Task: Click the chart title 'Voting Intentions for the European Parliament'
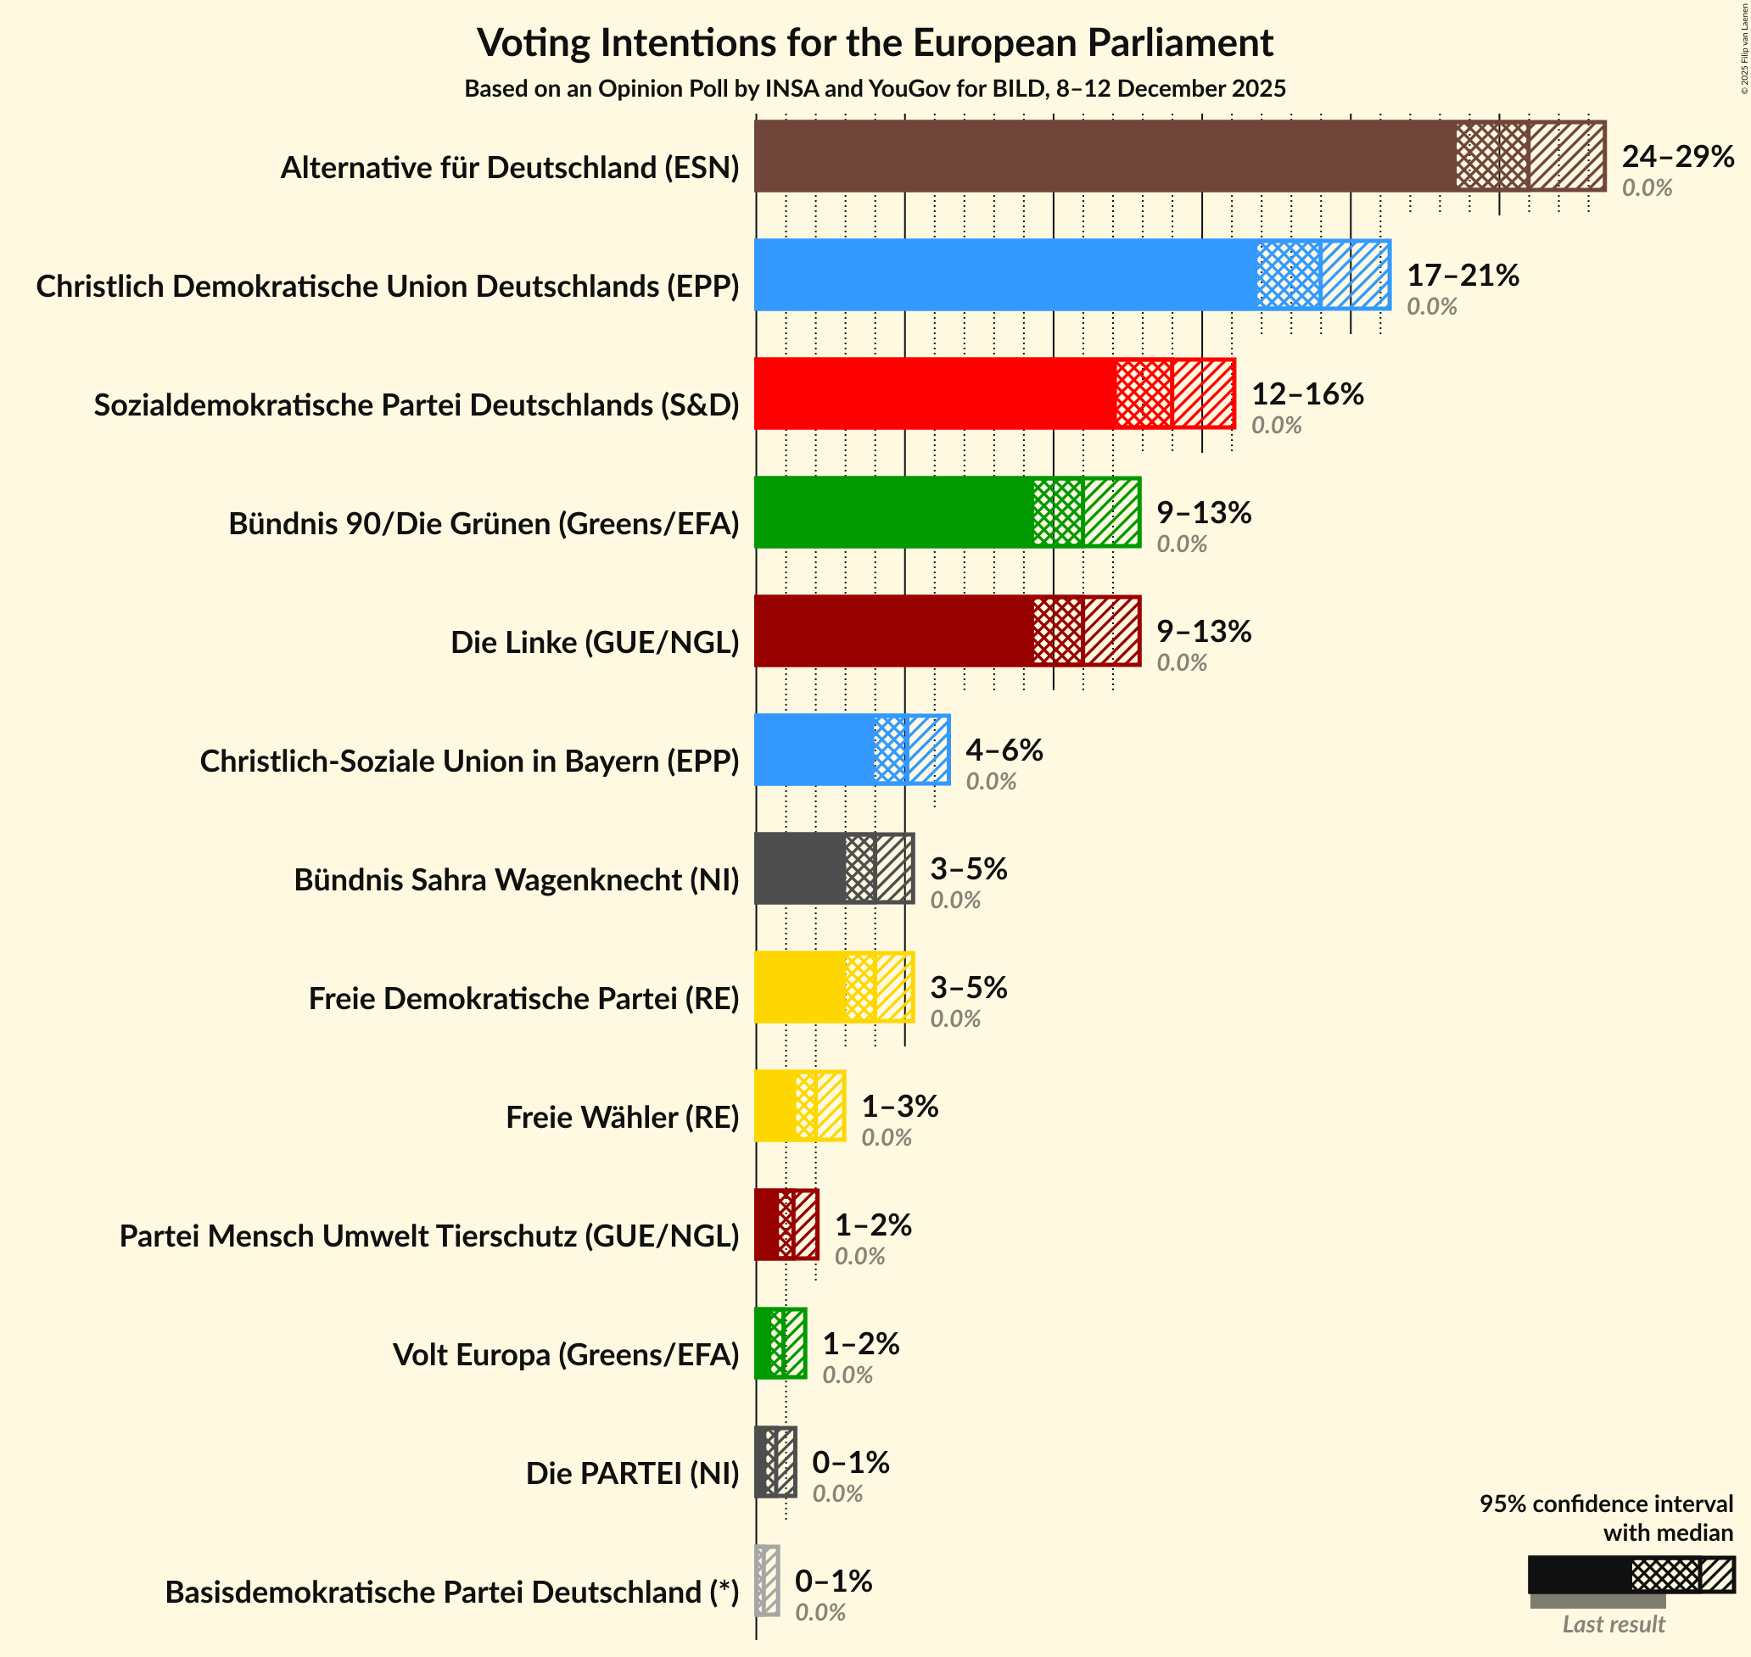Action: [x=875, y=42]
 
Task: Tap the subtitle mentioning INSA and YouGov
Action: [x=875, y=89]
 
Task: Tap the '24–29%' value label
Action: [x=1678, y=156]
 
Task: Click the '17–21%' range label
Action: [x=1462, y=276]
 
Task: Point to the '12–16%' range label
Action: [x=1306, y=394]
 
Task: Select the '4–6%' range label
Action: [x=1004, y=750]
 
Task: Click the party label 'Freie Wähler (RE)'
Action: [x=622, y=1118]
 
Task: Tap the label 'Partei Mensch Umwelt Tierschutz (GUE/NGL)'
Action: [x=429, y=1236]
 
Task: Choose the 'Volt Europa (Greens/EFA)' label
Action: [x=565, y=1355]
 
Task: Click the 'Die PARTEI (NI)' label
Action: [x=633, y=1473]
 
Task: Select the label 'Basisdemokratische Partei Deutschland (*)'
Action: [x=452, y=1593]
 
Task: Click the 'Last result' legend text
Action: [x=1614, y=1624]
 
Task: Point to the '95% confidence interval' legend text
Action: [x=1606, y=1504]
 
